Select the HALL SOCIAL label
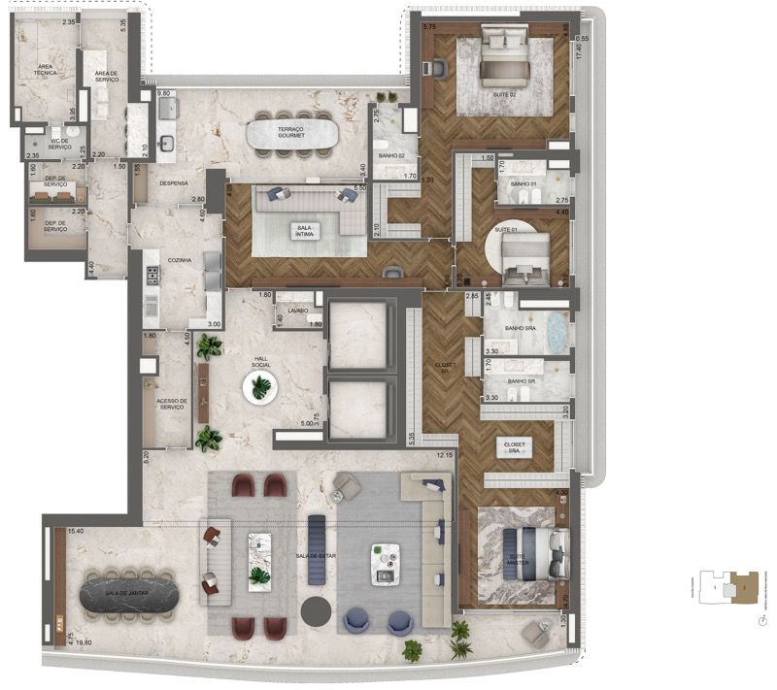tap(261, 361)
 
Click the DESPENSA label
tap(175, 182)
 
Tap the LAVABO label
tap(298, 311)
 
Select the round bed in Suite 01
tap(524, 254)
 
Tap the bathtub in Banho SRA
tap(557, 333)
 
